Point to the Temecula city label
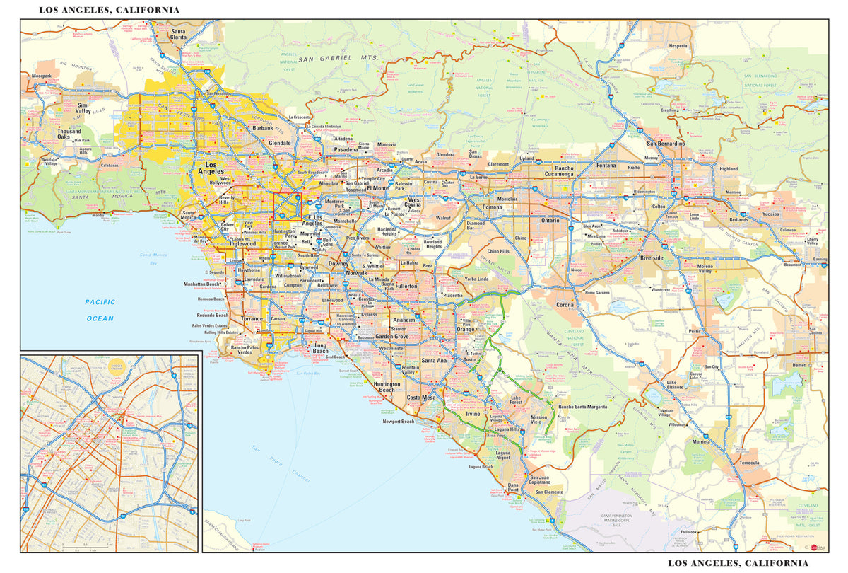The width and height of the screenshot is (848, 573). click(x=748, y=463)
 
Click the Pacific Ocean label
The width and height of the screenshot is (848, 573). click(x=100, y=310)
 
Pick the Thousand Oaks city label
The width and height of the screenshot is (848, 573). click(x=69, y=134)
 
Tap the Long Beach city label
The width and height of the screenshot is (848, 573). click(x=320, y=348)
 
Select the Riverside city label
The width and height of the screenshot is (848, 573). click(x=652, y=258)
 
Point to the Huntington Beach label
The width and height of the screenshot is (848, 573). click(x=387, y=387)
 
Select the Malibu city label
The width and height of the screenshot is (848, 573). click(x=98, y=214)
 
